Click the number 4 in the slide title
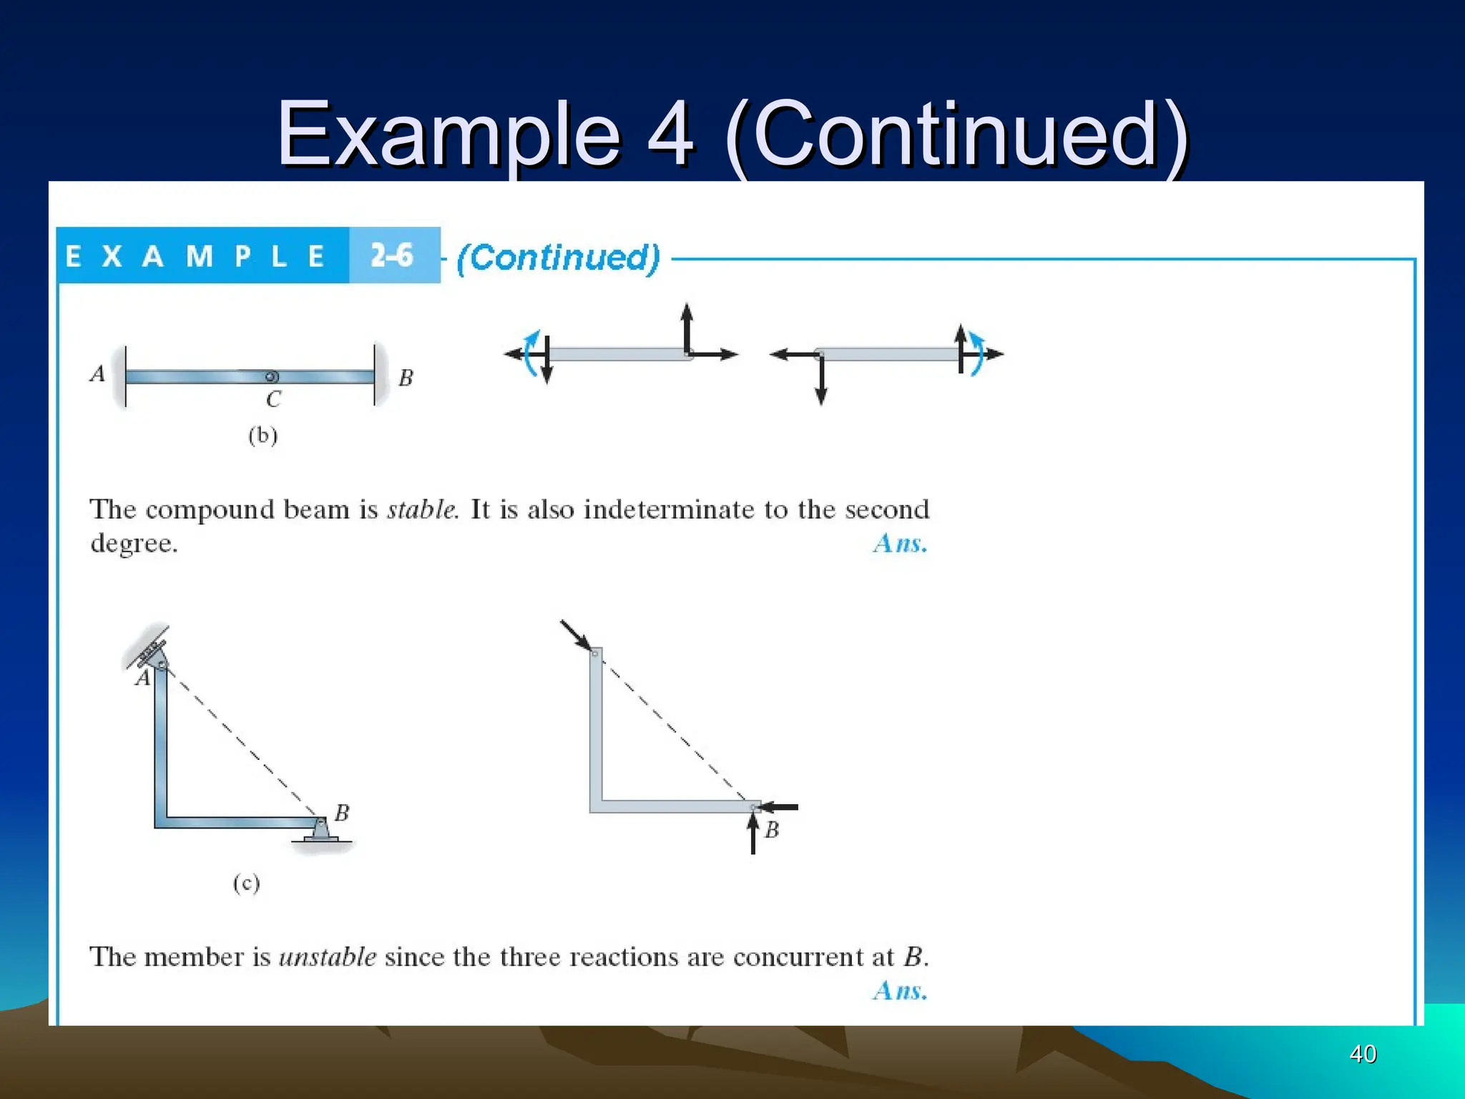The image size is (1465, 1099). [x=670, y=134]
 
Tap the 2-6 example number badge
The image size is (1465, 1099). [x=393, y=255]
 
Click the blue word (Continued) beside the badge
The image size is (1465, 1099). [x=558, y=258]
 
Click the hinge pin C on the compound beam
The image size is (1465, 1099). [x=271, y=377]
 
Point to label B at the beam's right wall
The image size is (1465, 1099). [x=406, y=378]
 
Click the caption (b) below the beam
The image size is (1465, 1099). [x=263, y=435]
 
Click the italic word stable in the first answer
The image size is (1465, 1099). [x=421, y=509]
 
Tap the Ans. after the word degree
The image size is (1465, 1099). [x=900, y=544]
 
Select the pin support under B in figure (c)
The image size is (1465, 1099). [x=320, y=831]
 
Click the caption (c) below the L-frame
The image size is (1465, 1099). [x=246, y=883]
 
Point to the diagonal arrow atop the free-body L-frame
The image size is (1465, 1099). [x=576, y=635]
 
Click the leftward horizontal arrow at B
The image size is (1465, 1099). [x=778, y=807]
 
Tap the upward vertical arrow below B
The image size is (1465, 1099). [x=753, y=834]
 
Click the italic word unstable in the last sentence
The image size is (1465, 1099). [x=327, y=957]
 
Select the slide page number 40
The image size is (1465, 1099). [x=1363, y=1053]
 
